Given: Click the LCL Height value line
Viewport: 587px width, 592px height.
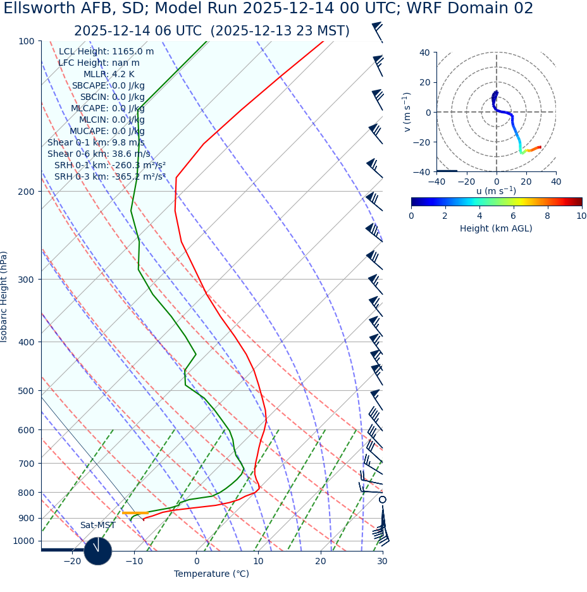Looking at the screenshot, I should click(x=106, y=52).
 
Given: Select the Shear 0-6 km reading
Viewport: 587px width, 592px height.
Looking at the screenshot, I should click(x=99, y=154).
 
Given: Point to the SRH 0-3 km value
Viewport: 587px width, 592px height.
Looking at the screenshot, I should click(x=110, y=176).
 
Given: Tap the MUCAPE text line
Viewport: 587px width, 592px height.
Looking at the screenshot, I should click(x=107, y=131).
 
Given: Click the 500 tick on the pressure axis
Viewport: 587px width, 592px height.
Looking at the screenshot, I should click(x=26, y=391).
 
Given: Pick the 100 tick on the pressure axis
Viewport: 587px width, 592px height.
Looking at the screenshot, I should click(x=26, y=41).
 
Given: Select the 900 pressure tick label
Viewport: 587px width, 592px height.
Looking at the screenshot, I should click(x=26, y=518).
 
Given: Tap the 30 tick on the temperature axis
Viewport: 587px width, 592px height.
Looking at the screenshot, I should click(x=382, y=561).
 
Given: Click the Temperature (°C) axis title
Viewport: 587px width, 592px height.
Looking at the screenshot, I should click(x=211, y=574).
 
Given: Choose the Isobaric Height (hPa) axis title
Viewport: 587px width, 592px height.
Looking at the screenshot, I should click(x=5, y=297).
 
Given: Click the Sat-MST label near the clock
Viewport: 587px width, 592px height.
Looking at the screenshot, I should click(x=97, y=526).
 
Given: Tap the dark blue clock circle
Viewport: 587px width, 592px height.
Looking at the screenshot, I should click(x=97, y=551).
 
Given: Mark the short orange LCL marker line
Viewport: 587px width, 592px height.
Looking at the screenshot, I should click(x=135, y=513).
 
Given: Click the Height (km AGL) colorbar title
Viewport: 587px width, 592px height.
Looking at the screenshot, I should click(x=496, y=228).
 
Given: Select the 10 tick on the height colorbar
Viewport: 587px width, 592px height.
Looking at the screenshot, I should click(x=581, y=216).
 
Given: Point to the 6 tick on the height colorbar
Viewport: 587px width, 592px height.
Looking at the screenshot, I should click(x=513, y=216).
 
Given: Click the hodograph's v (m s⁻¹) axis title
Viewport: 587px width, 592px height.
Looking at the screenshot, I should click(x=407, y=112).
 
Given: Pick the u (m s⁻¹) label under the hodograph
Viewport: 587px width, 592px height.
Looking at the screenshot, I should click(x=496, y=191).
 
